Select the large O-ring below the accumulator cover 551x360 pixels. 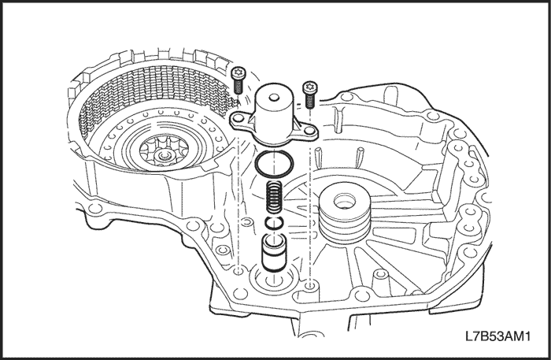(273, 166)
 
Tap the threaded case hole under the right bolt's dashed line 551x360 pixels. (309, 282)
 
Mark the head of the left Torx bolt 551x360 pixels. (239, 72)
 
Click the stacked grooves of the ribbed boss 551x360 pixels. (342, 225)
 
